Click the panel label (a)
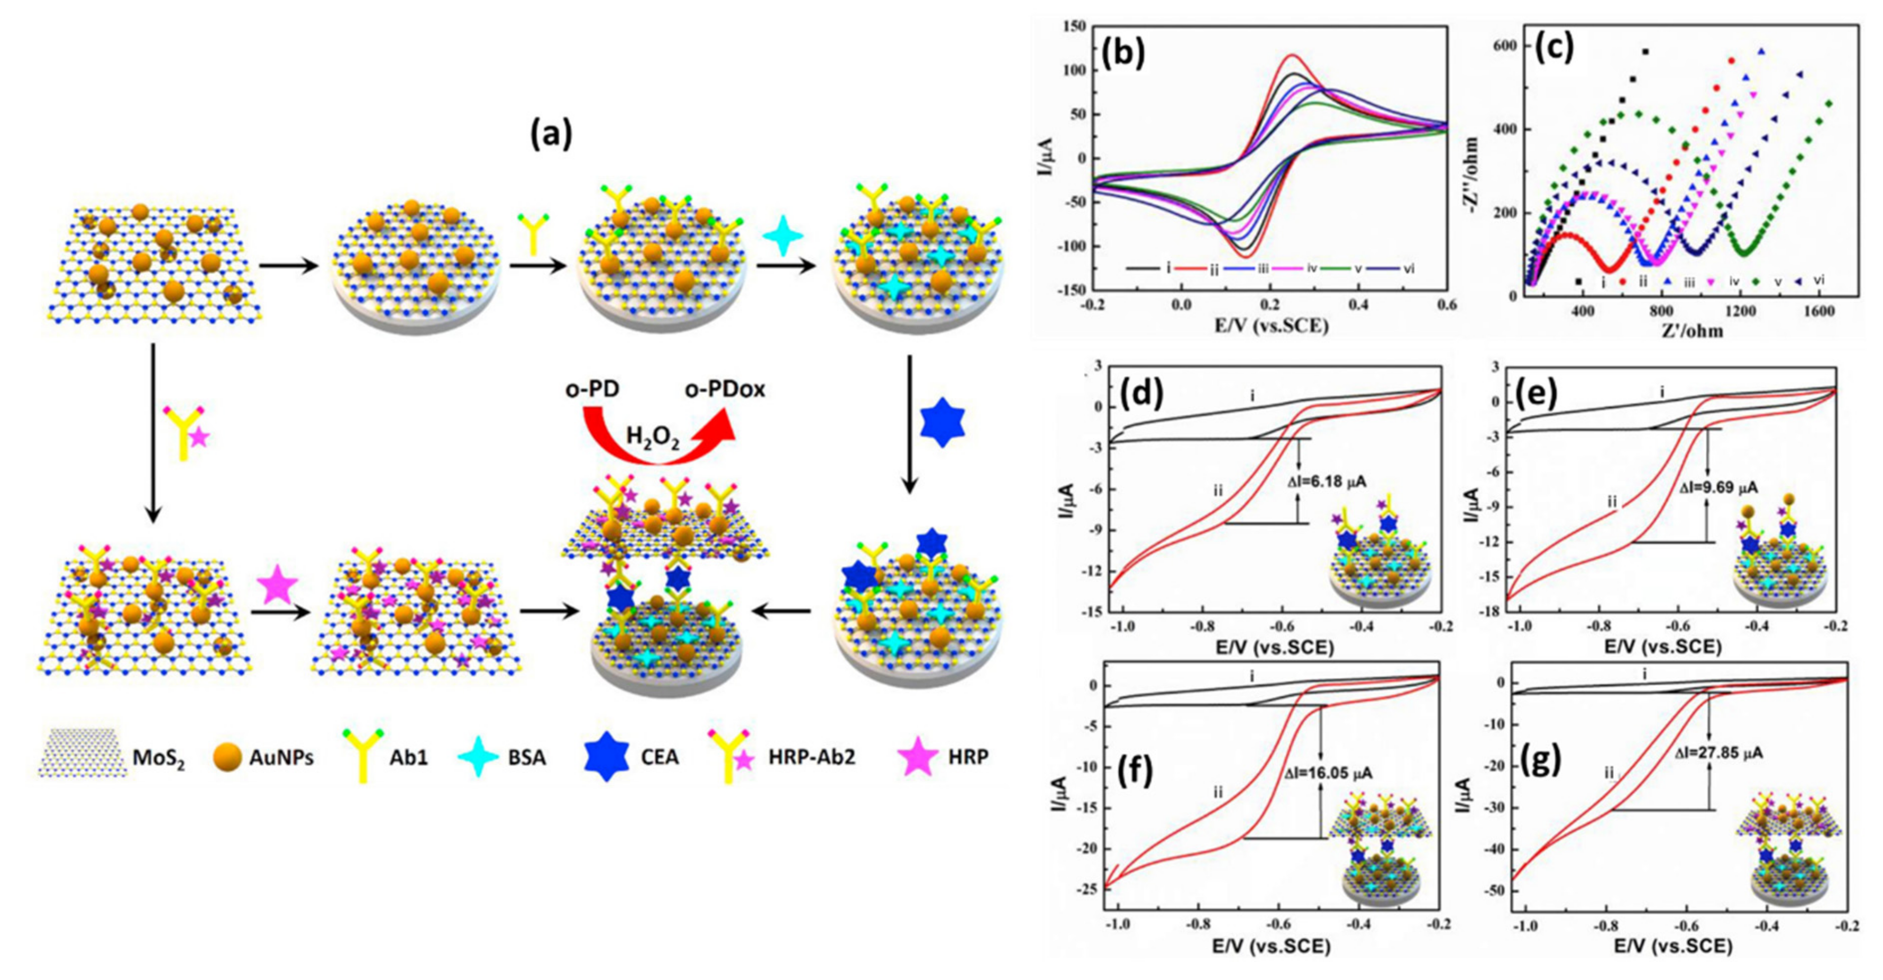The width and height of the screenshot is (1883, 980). (551, 136)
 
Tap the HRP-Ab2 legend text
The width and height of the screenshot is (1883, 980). (811, 758)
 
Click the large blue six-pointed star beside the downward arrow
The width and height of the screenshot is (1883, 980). (941, 422)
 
